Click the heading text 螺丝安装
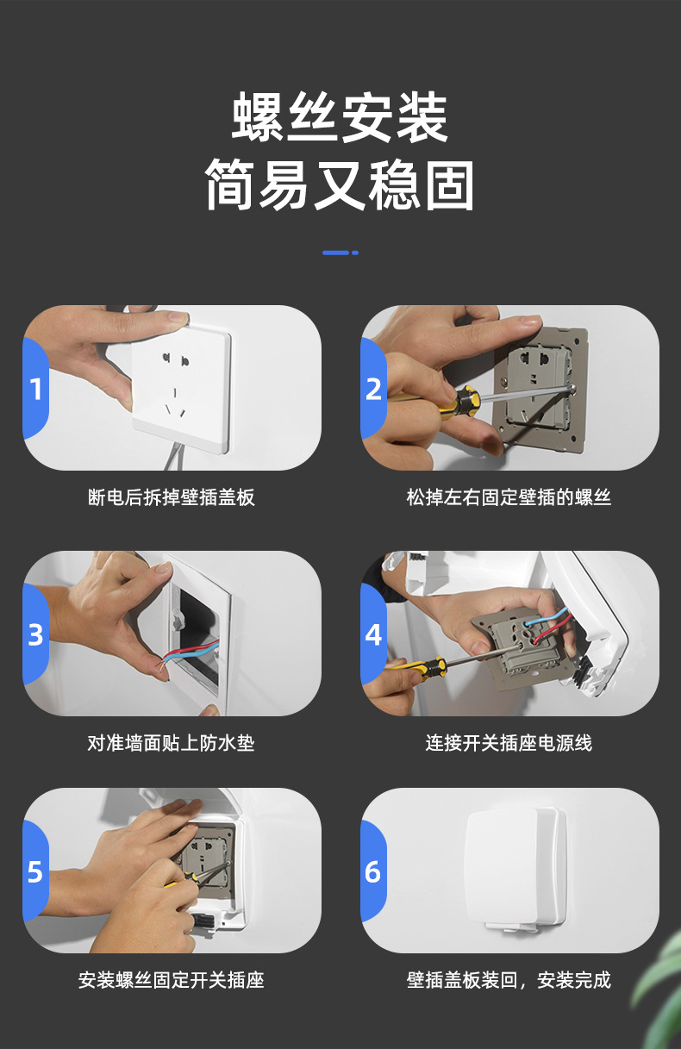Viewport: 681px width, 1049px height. point(340,117)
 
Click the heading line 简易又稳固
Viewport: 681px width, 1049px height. point(340,184)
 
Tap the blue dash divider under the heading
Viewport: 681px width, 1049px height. point(340,253)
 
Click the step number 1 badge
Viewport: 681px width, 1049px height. point(35,389)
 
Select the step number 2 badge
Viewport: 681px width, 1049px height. point(373,389)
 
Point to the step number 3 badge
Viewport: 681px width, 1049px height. point(35,634)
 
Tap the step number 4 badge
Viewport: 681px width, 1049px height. point(373,634)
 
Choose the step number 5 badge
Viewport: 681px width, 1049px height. point(35,871)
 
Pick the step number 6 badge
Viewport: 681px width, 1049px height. point(373,871)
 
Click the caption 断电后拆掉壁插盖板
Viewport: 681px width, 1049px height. point(172,497)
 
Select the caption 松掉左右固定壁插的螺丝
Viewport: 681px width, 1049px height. point(509,497)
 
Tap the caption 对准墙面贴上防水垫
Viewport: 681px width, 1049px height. point(172,743)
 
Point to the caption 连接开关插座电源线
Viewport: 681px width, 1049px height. point(509,743)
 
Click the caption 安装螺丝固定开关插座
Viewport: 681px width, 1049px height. point(172,980)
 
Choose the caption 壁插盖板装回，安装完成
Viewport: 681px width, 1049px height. point(509,980)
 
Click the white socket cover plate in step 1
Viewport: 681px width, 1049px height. point(182,390)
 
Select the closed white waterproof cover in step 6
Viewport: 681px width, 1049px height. point(515,868)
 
